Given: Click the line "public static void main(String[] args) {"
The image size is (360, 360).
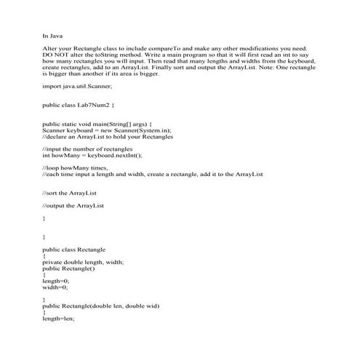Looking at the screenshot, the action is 97,124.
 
